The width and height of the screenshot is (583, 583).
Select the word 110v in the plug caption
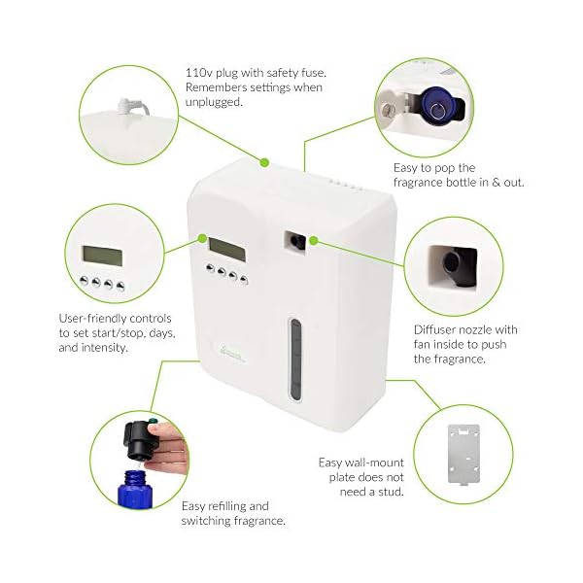tap(199, 71)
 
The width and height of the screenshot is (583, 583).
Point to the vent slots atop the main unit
tap(343, 183)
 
